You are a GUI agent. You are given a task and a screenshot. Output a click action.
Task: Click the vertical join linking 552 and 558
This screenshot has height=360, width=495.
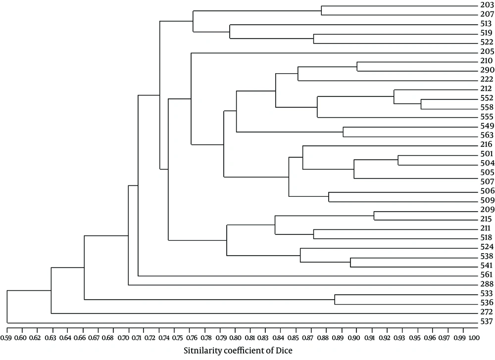coord(421,104)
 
